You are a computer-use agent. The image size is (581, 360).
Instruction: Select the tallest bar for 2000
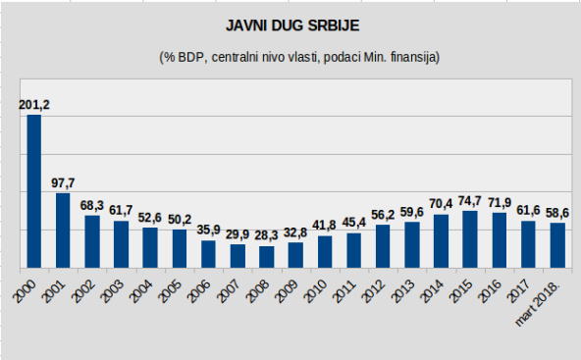(x=33, y=191)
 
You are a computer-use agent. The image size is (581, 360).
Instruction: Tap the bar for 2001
(x=63, y=231)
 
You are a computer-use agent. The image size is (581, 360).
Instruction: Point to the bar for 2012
(x=383, y=246)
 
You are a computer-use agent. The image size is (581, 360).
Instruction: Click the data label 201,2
(x=33, y=105)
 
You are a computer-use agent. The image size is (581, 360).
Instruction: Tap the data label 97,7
(x=63, y=183)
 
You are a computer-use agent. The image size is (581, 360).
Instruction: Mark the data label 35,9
(x=208, y=231)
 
